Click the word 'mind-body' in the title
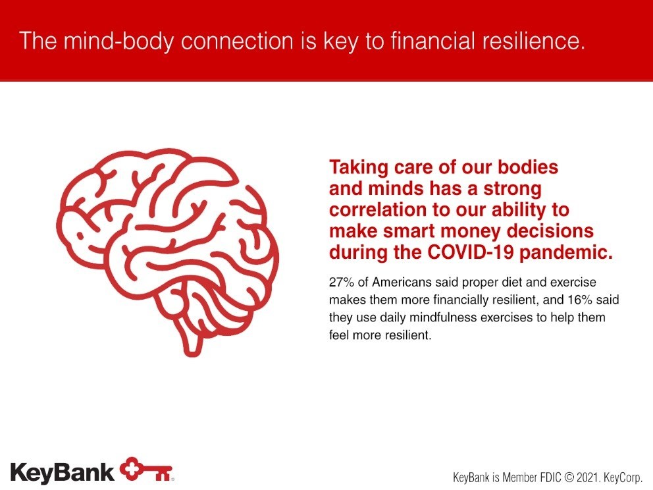point(118,41)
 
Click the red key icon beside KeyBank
point(146,470)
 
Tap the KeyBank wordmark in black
point(62,473)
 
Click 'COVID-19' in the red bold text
point(471,252)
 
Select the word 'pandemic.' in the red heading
point(566,253)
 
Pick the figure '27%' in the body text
point(342,282)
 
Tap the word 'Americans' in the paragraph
point(402,282)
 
